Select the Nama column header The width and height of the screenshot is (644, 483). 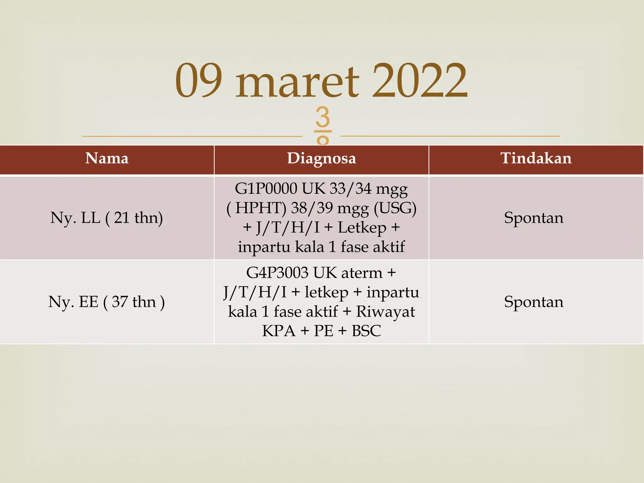[x=107, y=158]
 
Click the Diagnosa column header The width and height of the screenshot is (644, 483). [x=321, y=158]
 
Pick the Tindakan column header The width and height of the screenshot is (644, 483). [x=536, y=158]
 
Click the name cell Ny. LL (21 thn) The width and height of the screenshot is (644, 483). [x=107, y=218]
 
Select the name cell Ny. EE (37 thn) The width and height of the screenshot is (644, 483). [x=107, y=302]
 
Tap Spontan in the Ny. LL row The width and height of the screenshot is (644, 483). [x=534, y=218]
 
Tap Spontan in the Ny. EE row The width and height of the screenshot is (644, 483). [x=534, y=302]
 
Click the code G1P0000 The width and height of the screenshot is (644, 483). [x=266, y=189]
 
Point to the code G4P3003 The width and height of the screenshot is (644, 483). [x=277, y=273]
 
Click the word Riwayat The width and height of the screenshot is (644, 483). [x=385, y=312]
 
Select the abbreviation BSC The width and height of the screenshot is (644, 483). [x=366, y=331]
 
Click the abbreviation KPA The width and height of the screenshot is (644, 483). [x=279, y=331]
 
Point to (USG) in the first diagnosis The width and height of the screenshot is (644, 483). [x=395, y=208]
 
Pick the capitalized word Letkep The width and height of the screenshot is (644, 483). [x=362, y=227]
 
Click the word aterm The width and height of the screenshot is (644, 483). [x=362, y=273]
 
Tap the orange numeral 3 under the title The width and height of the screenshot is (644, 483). [x=323, y=117]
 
